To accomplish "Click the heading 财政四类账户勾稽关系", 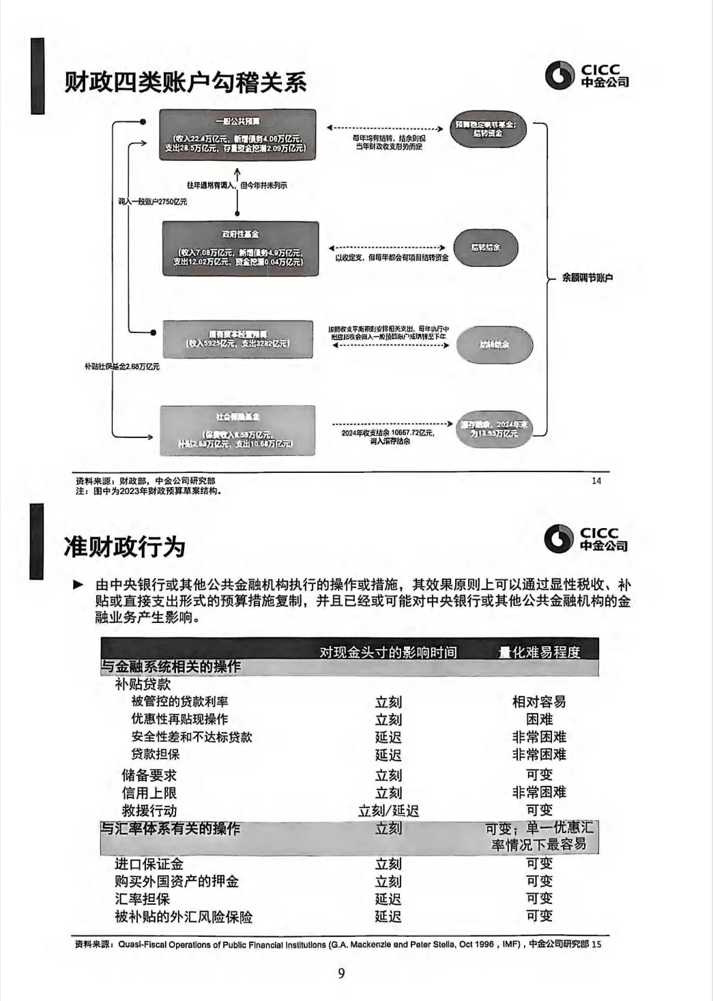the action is [x=186, y=83].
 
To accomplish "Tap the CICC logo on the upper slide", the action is [x=586, y=75].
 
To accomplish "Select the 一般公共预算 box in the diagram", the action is [x=237, y=134].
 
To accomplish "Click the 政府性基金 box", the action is [x=240, y=248].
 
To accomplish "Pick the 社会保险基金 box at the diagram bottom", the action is [x=237, y=430].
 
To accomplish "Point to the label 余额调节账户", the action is [x=587, y=278].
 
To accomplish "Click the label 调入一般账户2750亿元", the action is [x=152, y=202].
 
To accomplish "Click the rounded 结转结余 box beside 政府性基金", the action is [x=486, y=247].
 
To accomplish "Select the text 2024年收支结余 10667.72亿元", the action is [x=388, y=433].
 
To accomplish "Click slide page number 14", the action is [x=596, y=481].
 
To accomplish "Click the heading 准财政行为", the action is [x=124, y=547].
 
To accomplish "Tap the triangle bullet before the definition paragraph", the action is [x=79, y=585].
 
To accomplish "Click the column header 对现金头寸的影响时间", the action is [x=388, y=652].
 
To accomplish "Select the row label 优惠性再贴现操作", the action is [x=179, y=719].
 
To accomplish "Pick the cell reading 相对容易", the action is [x=539, y=701].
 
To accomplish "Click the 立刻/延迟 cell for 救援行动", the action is [x=388, y=811].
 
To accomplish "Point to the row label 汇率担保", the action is [x=142, y=899].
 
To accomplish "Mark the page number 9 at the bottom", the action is [x=342, y=973].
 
